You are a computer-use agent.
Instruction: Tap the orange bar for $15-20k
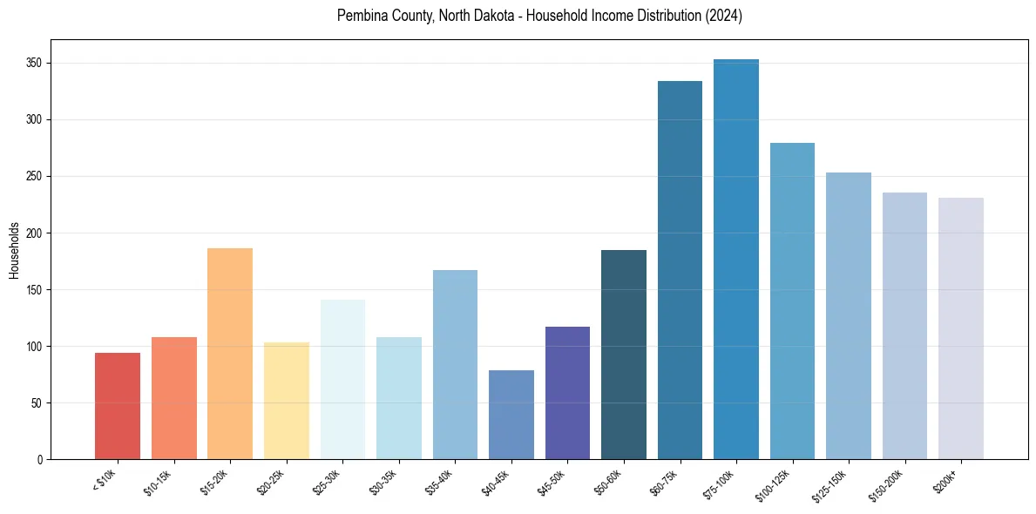230,354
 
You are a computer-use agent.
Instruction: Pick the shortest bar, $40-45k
511,415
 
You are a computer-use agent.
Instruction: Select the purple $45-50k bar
567,393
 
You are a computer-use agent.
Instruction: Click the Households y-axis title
14,250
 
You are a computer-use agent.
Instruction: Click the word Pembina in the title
359,16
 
